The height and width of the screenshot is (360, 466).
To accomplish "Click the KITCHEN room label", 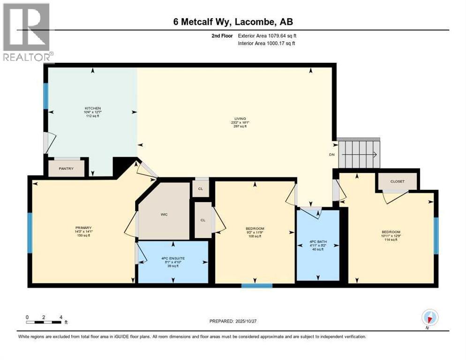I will point(92,108).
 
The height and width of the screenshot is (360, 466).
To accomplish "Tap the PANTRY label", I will point(67,169).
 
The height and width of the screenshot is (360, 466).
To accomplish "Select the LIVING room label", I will point(241,119).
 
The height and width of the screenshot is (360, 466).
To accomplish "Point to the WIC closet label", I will point(164,214).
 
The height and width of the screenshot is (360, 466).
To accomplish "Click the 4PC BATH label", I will point(318,242).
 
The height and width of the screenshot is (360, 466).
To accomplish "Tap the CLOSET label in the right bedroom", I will point(397,181).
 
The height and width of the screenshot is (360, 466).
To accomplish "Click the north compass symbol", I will point(429,318).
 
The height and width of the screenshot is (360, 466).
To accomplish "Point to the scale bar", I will point(44,322).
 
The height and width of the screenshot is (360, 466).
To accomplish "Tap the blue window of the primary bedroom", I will point(30,232).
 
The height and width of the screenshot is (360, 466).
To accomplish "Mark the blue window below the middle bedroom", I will point(256,285).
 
